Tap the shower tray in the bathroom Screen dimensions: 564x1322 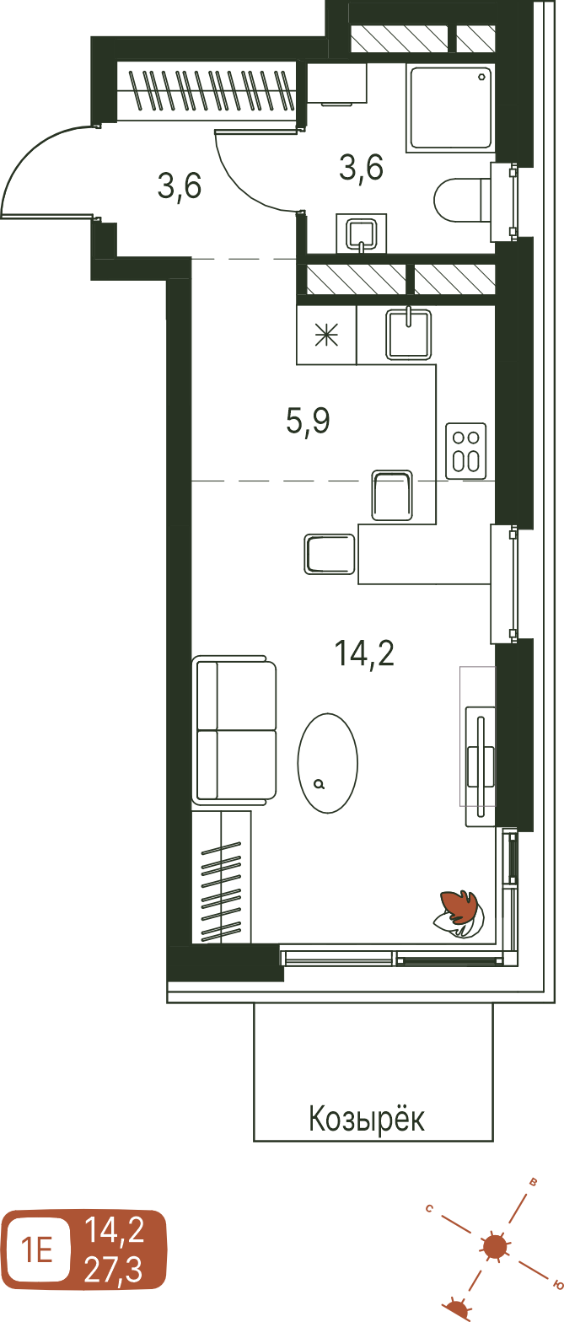[450, 107]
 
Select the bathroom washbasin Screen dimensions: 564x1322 [361, 233]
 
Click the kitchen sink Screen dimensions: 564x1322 [408, 334]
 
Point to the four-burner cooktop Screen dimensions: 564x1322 [465, 451]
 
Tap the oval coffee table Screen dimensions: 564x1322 [327, 762]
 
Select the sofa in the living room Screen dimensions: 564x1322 [234, 730]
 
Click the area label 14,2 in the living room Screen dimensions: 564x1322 [364, 653]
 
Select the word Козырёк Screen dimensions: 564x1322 [367, 1118]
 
